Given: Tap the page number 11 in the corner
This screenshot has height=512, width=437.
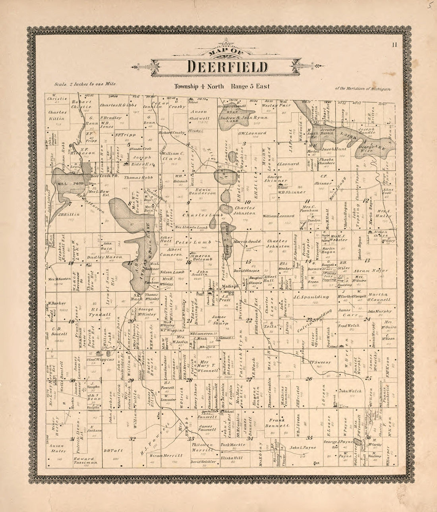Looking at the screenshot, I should (x=394, y=45).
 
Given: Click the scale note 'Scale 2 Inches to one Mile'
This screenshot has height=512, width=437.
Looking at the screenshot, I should (x=85, y=84).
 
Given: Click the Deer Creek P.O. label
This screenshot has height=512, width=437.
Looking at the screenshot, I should (x=100, y=176).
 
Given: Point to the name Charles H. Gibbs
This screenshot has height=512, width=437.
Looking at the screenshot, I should (x=118, y=106).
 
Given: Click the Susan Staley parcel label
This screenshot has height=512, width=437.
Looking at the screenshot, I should (x=58, y=448).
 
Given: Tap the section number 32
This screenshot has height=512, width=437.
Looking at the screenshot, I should (x=132, y=439).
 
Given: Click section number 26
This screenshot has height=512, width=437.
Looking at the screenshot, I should (x=309, y=379).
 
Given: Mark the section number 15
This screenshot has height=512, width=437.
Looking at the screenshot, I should (x=248, y=261).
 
